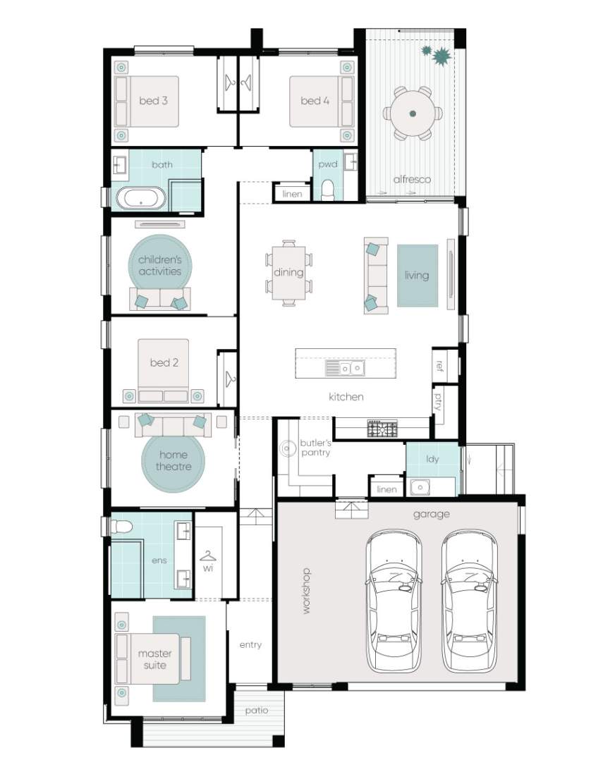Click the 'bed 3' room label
(x=153, y=101)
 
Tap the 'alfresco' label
(x=412, y=180)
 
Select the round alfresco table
(x=413, y=113)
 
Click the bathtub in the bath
(x=141, y=199)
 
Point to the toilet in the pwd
(x=327, y=190)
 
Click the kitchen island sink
(x=345, y=368)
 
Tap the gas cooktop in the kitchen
(x=382, y=429)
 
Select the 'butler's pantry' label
(x=315, y=448)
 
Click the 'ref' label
(x=439, y=366)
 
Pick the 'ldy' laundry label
(x=432, y=459)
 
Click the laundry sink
(x=420, y=487)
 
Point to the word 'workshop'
(x=306, y=591)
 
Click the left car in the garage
(x=394, y=601)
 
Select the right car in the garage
(x=470, y=601)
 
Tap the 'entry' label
(x=250, y=645)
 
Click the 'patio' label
(x=257, y=711)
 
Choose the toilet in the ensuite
(x=122, y=527)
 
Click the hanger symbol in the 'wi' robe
(x=208, y=556)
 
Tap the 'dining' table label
(x=288, y=272)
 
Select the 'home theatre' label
(x=173, y=461)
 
